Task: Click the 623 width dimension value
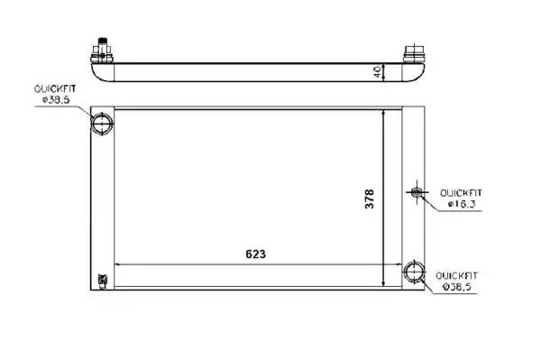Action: tap(256, 254)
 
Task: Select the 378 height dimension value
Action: tap(369, 198)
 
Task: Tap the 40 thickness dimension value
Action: tap(378, 72)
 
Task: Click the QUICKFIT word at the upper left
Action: tap(55, 89)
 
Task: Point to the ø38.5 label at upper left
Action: tap(56, 100)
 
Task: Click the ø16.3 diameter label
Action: tap(462, 204)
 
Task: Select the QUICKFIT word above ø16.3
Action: tap(461, 193)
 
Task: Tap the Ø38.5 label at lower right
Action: tap(457, 287)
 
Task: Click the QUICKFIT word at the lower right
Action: tap(457, 276)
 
